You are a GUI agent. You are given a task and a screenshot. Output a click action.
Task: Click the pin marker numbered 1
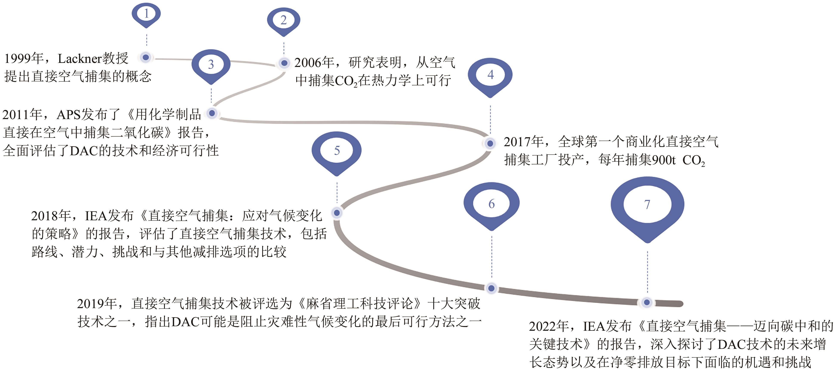click(146, 14)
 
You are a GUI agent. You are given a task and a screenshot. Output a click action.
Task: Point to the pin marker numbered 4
click(490, 75)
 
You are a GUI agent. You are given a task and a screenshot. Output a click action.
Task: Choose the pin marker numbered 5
click(337, 151)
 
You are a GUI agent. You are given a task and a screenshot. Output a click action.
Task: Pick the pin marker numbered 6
click(491, 204)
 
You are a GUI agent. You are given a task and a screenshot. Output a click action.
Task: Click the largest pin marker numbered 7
click(647, 205)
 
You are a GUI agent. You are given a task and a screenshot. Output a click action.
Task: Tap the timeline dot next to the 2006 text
click(284, 63)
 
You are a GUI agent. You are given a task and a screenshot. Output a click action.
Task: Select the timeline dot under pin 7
click(647, 303)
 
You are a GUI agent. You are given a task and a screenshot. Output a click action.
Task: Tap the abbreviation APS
click(68, 115)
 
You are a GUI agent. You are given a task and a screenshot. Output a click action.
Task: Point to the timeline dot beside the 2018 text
click(337, 213)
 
